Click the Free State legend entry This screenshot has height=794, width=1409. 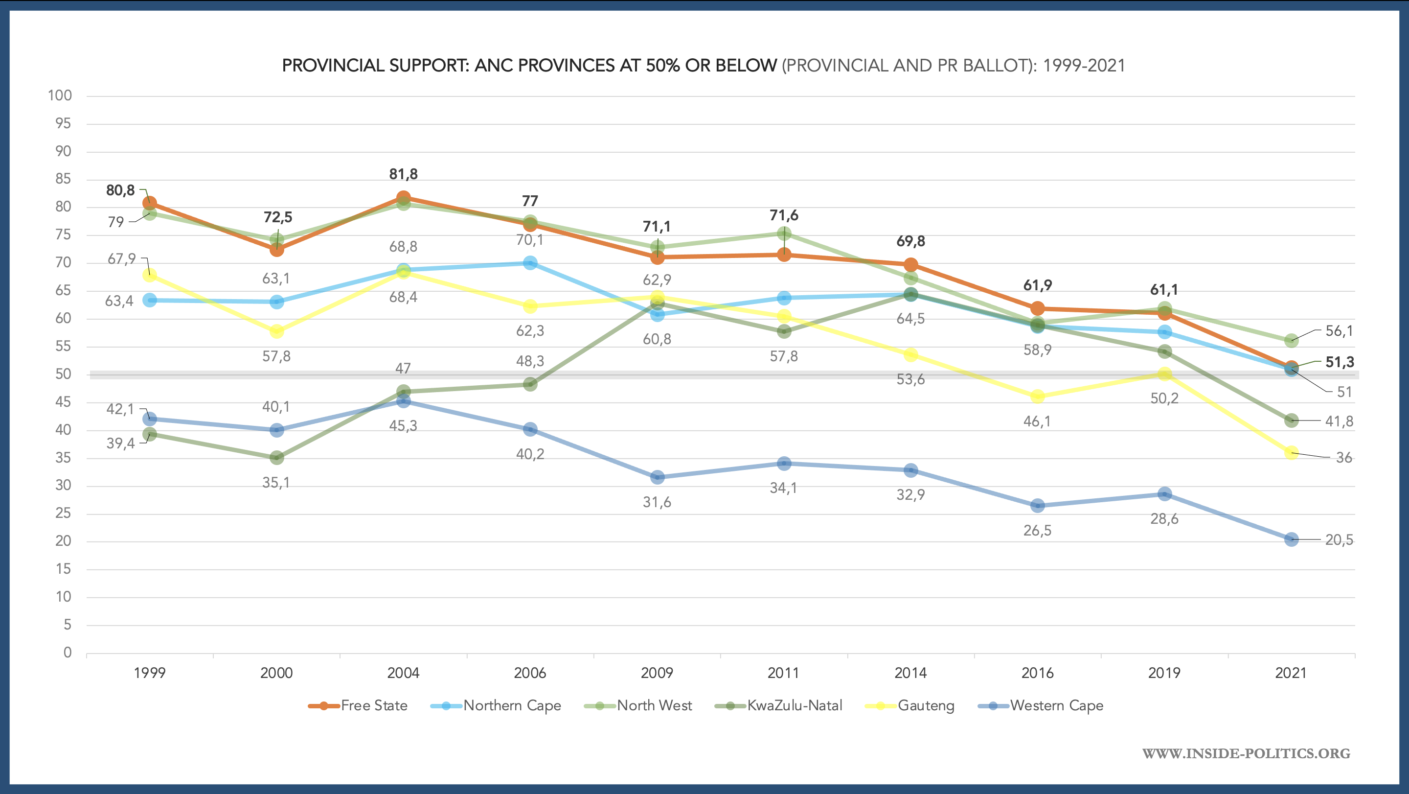coord(358,705)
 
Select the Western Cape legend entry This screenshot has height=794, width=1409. coord(1041,705)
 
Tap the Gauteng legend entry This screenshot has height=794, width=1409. coord(910,705)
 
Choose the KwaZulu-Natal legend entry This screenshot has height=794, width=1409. coord(779,705)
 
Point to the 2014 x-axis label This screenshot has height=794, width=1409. coord(910,673)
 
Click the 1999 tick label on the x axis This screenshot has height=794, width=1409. coord(149,673)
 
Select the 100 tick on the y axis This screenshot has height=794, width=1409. coord(60,95)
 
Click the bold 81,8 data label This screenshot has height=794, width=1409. coord(403,174)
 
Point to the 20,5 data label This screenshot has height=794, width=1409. coord(1339,539)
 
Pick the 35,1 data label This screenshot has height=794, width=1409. coord(276,482)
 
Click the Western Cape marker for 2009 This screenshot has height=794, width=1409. coord(657,477)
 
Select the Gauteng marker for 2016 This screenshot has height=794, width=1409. coord(1037,396)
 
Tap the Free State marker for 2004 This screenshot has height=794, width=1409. coord(403,198)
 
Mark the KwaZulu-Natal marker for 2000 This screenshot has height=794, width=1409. coord(277,458)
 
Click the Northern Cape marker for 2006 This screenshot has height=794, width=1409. coord(530,263)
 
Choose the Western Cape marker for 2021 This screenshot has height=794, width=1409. coord(1291,539)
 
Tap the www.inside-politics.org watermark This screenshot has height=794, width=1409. coord(1246,753)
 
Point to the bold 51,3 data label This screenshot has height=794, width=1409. coord(1340,362)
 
